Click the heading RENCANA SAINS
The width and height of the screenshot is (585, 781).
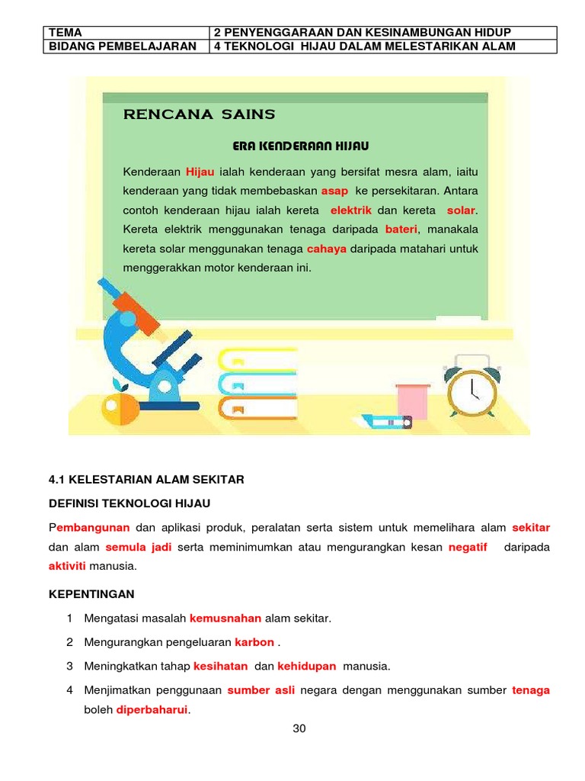(x=199, y=115)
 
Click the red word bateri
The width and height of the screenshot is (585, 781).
(x=401, y=229)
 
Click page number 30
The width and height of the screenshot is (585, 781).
(x=299, y=728)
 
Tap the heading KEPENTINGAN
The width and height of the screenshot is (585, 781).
(x=91, y=593)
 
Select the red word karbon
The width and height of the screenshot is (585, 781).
(x=254, y=641)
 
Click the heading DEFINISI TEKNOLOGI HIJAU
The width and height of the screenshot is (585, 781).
(x=129, y=503)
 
